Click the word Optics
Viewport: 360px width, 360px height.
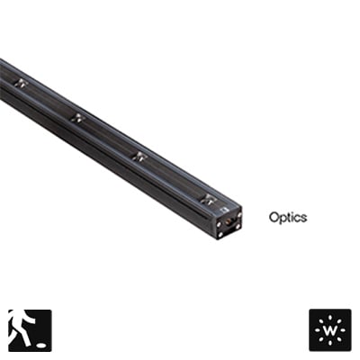click(288, 218)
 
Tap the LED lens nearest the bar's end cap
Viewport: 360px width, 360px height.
click(208, 199)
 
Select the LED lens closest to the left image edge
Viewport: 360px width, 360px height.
click(22, 83)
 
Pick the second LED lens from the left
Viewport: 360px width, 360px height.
click(77, 118)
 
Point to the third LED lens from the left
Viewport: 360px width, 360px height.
click(139, 157)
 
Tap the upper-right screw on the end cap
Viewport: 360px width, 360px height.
click(239, 215)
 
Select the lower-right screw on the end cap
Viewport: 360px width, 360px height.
click(238, 227)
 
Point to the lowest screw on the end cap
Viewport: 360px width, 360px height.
click(220, 234)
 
